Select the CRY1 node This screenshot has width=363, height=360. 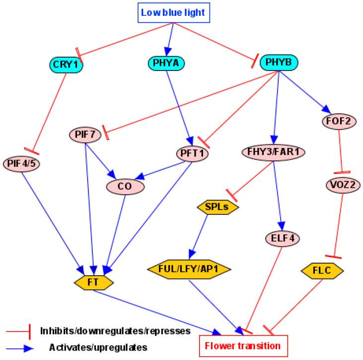click(66, 64)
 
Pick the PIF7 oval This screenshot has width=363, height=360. click(85, 134)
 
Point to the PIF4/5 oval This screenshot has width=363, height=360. click(21, 162)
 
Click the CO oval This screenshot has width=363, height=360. click(126, 186)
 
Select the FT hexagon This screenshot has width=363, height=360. click(94, 281)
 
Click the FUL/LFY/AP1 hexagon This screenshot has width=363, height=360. click(190, 269)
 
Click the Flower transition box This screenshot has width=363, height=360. click(240, 345)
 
